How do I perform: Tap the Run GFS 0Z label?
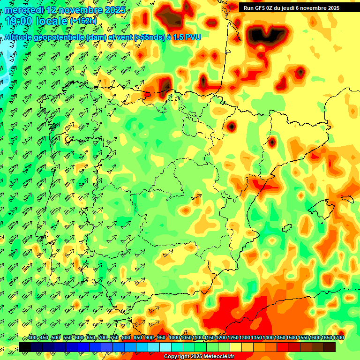pos(260,8)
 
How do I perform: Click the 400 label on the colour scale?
pos(32,338)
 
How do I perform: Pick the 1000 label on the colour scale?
pos(174,338)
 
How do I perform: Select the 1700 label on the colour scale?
pos(327,338)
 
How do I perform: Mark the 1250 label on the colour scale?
pos(233,338)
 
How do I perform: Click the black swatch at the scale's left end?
pos(24,347)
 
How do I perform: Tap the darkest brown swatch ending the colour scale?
pos(330,347)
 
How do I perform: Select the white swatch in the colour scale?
pos(165,347)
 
